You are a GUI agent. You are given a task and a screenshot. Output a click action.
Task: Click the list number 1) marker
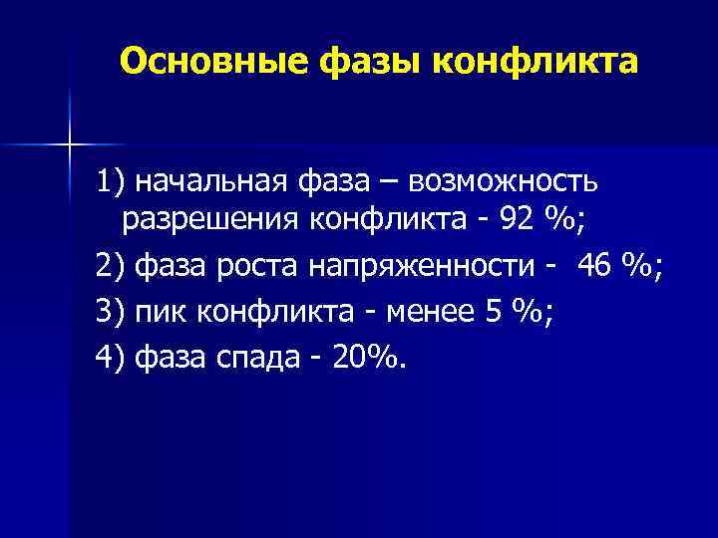[112, 183]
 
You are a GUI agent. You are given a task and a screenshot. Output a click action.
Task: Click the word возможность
[506, 183]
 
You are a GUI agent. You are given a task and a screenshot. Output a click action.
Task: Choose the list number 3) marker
[112, 312]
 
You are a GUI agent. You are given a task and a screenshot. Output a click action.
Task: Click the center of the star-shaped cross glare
[70, 144]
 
